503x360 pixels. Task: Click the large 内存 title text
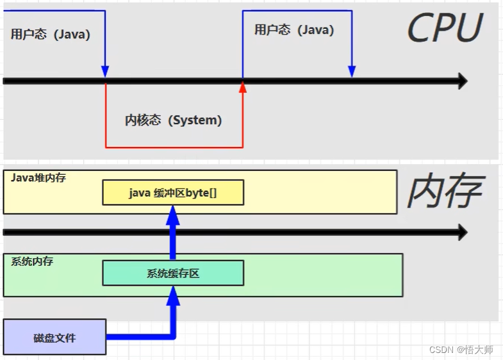coord(444,192)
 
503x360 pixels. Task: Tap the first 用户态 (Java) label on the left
coord(50,34)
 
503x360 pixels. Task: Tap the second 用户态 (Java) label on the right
coord(293,29)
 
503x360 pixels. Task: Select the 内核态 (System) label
coord(173,120)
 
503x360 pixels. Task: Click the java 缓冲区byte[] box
coord(172,192)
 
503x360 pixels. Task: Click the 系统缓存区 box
coord(173,273)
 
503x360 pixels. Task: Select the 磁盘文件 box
coord(54,337)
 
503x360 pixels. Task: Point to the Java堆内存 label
coord(38,177)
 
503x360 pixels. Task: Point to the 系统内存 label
coord(32,261)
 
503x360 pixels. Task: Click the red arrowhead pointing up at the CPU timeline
coord(243,88)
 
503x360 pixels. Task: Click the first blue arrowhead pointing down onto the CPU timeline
coord(105,70)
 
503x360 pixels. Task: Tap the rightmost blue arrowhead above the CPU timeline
coord(351,70)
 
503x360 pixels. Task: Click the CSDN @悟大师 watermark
coord(461,350)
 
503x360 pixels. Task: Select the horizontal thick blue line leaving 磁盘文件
coord(138,336)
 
